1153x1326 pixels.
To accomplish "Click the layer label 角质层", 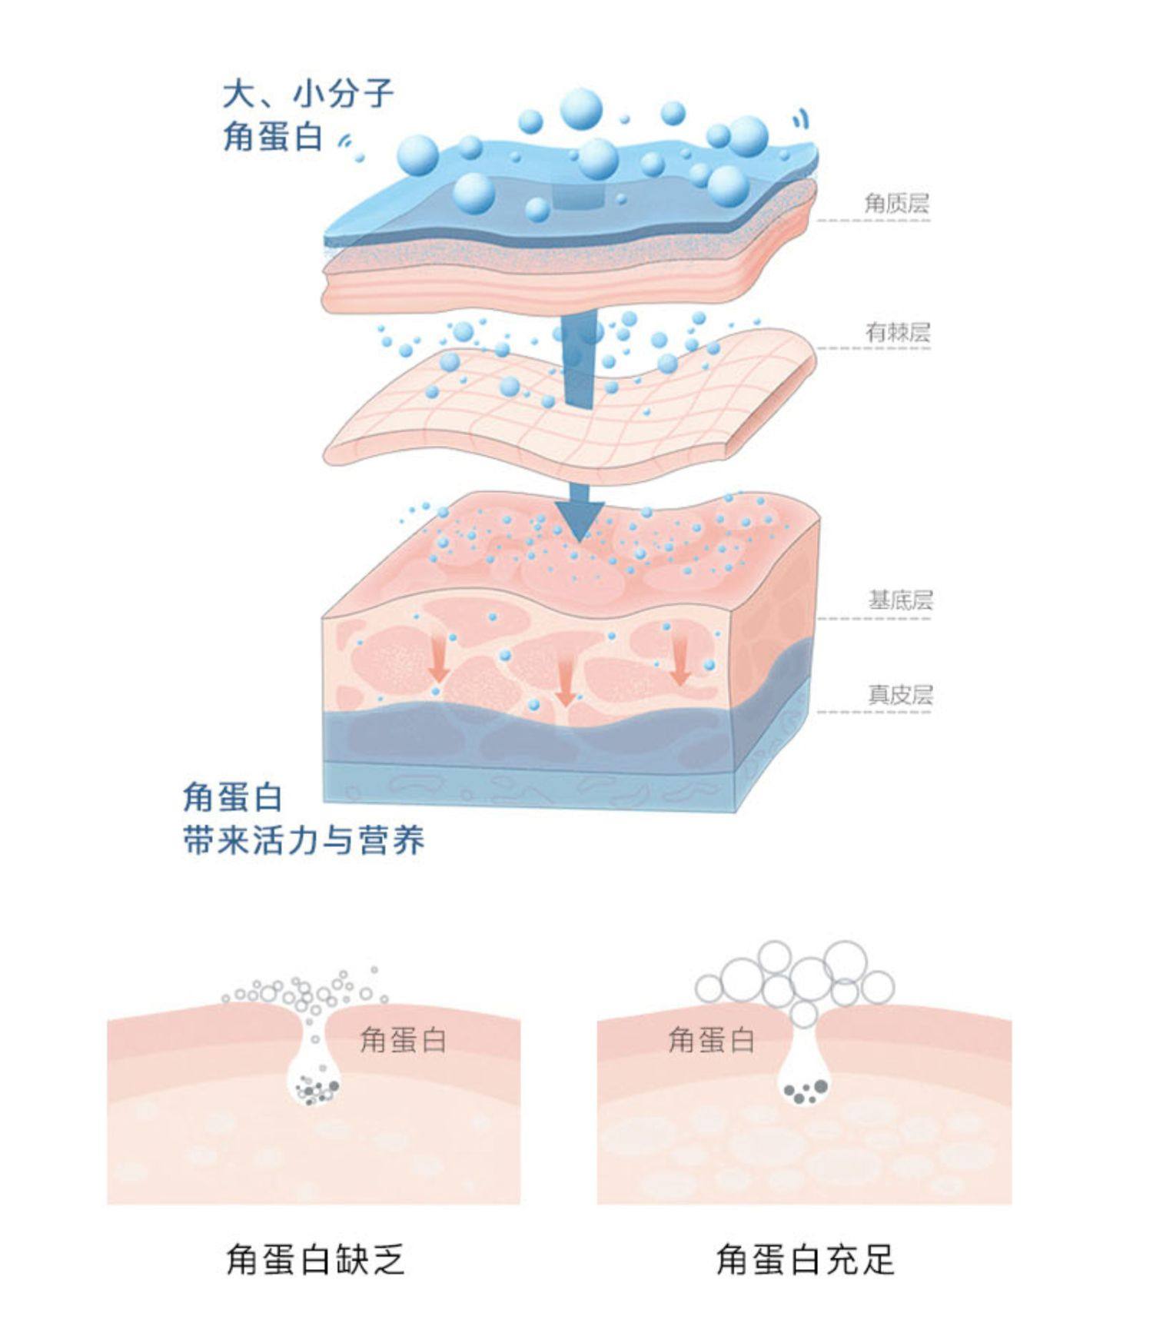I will pos(896,203).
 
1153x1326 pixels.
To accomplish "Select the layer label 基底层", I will pos(900,600).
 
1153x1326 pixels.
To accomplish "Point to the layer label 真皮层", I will pos(900,695).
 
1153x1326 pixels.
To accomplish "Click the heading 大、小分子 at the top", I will pos(308,95).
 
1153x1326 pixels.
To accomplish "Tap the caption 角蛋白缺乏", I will pos(315,1260).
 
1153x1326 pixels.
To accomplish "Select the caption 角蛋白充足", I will pos(805,1260).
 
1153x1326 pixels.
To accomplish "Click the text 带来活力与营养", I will pos(304,840).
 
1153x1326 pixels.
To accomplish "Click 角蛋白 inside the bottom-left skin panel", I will pos(403,1040).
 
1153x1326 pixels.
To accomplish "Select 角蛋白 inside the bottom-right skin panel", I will pos(711,1040).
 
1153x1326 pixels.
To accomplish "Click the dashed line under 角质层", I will pos(873,221).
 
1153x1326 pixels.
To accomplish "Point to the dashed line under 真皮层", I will pos(873,713).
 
